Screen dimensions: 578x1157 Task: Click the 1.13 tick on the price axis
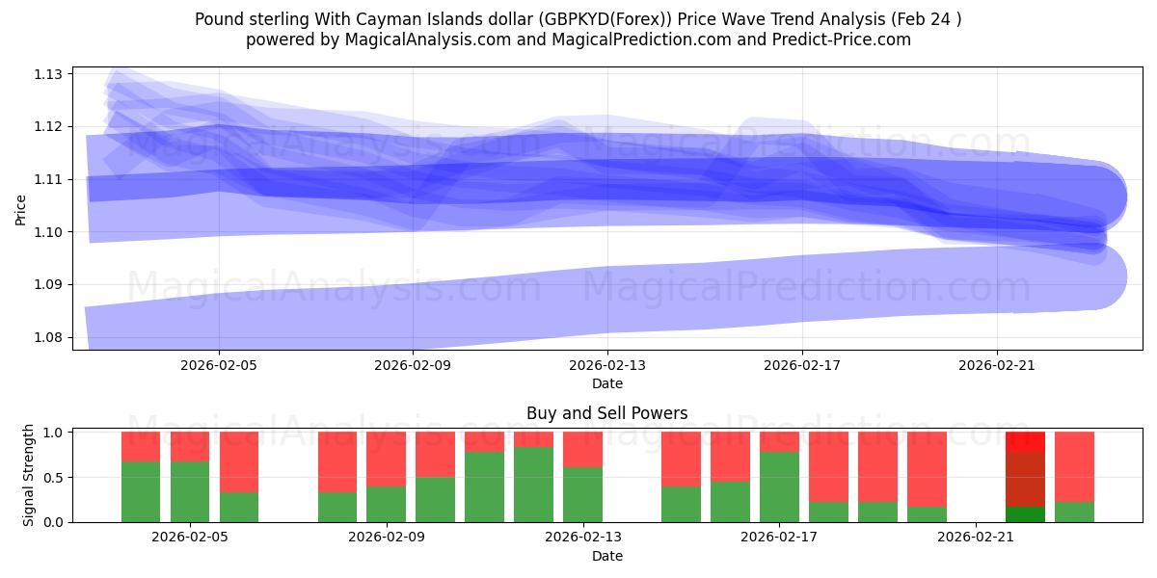click(x=49, y=74)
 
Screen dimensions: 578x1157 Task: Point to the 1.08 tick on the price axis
click(x=49, y=337)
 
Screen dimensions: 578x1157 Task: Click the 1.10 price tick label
click(x=49, y=232)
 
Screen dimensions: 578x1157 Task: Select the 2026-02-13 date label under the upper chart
click(x=607, y=365)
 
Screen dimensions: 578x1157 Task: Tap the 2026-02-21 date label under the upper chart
click(x=996, y=365)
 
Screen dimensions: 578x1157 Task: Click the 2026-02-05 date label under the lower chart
click(x=189, y=538)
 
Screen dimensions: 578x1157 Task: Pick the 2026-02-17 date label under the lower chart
click(x=777, y=538)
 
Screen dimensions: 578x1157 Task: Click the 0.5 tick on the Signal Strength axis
click(x=53, y=477)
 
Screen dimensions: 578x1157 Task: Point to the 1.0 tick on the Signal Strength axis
click(x=53, y=433)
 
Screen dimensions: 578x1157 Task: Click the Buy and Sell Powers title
click(x=606, y=413)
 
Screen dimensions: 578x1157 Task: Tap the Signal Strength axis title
click(x=29, y=475)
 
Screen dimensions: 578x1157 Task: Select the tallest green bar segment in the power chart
click(x=533, y=485)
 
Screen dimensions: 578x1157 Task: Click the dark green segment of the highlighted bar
click(x=1025, y=514)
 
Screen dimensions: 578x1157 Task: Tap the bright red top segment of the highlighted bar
click(x=1025, y=441)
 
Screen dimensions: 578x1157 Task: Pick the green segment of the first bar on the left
click(x=141, y=491)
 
